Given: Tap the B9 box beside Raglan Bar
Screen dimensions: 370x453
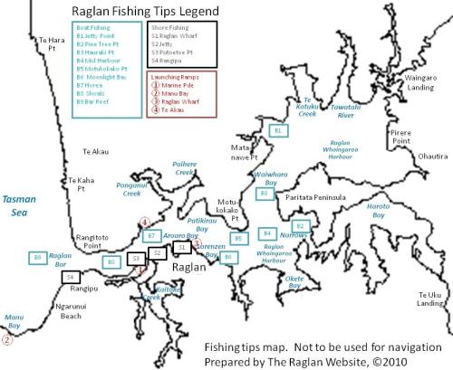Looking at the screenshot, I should tap(37, 259).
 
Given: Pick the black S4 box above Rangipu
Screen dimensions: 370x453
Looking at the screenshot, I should tap(71, 277).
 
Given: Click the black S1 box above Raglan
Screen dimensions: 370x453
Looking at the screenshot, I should tap(181, 246).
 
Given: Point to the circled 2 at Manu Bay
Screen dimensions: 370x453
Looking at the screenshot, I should tap(8, 341).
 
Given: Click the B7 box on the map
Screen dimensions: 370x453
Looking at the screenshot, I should tap(152, 236).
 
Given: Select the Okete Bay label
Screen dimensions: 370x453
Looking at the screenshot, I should tap(294, 283).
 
